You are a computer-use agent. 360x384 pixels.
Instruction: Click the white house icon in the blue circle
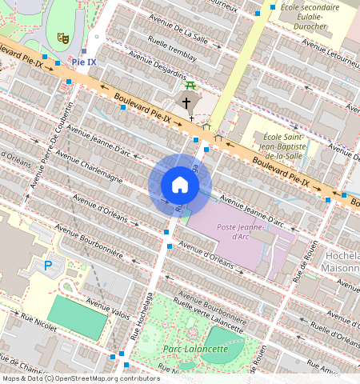[180, 186]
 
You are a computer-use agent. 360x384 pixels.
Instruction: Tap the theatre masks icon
[62, 38]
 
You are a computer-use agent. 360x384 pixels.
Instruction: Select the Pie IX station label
[84, 62]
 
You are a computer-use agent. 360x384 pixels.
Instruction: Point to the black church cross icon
[186, 102]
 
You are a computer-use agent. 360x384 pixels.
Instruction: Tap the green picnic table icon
[190, 85]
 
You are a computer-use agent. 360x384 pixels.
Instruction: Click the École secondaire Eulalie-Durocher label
[310, 17]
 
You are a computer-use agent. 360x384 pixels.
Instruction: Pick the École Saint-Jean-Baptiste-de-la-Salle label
[285, 146]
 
